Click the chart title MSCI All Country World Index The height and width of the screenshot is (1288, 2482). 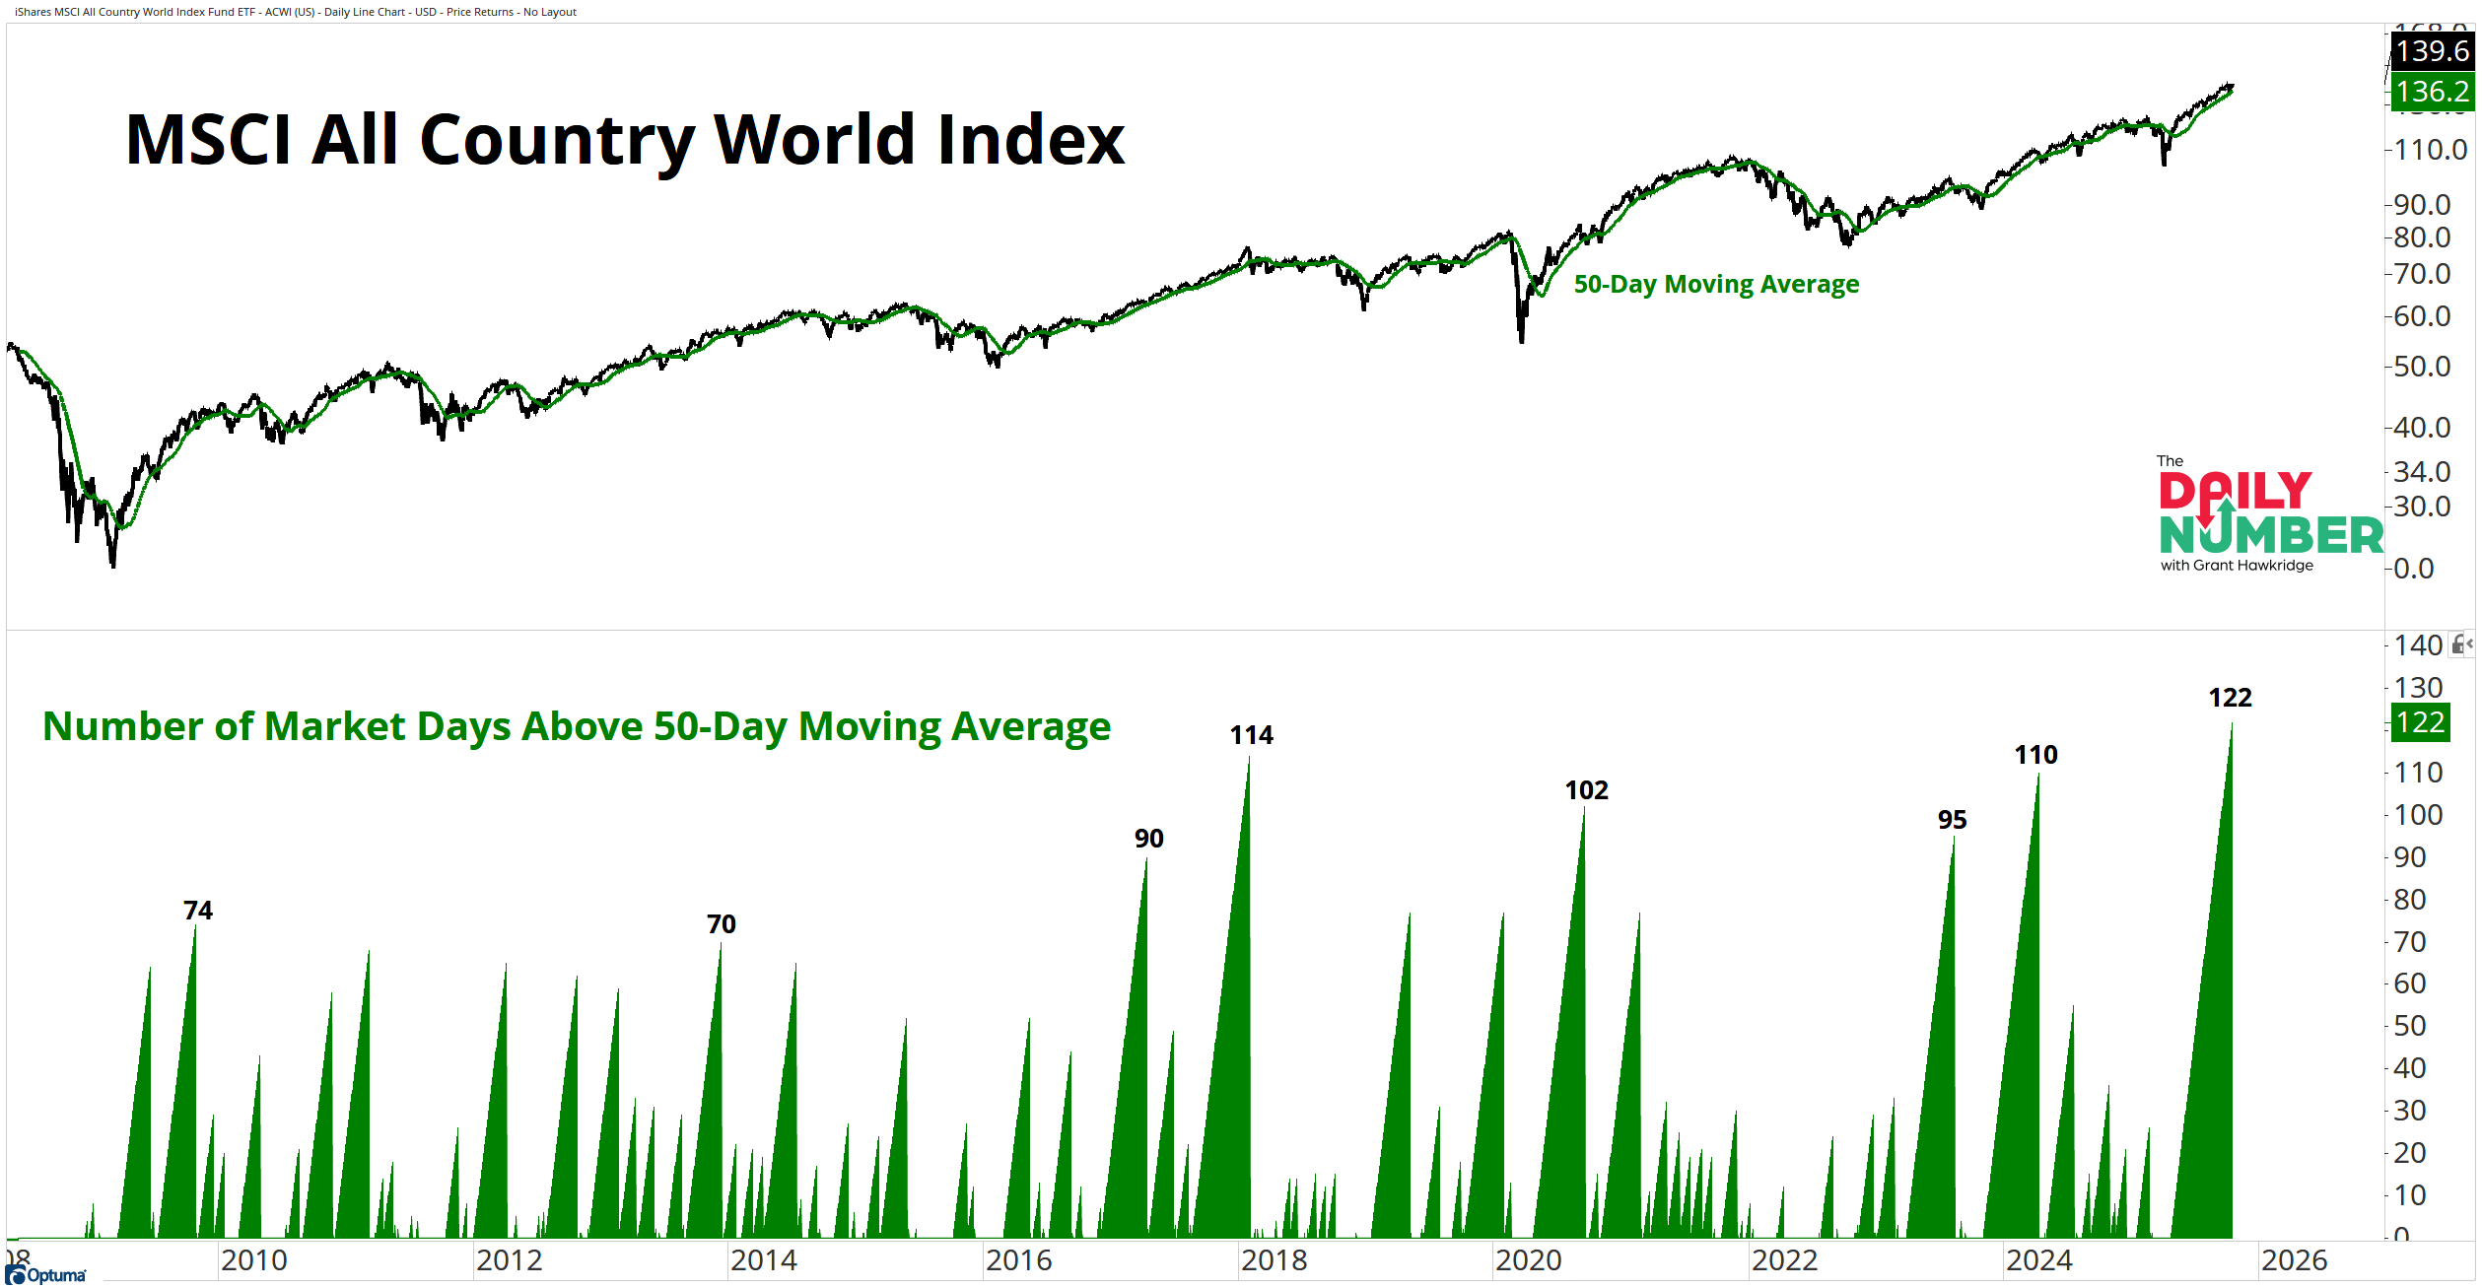625,139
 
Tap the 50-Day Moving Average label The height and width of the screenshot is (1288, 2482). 1716,284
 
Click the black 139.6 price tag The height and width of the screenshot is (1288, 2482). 2432,50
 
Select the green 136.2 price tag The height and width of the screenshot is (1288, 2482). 2432,92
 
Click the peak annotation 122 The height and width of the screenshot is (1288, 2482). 2230,698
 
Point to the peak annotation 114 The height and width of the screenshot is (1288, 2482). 1251,735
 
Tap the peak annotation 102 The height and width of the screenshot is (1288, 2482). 1586,790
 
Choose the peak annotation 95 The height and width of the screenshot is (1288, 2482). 1952,820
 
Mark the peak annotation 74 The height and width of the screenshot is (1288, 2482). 197,911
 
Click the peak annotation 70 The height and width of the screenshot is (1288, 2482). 721,924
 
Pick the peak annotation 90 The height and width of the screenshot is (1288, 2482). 1148,839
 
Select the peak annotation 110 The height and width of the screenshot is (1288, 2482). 2035,755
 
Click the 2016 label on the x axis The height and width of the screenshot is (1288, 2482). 1018,1260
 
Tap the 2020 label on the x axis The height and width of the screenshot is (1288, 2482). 1528,1260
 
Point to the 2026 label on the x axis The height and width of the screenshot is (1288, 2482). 2294,1260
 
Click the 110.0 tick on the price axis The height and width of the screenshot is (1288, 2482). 2430,150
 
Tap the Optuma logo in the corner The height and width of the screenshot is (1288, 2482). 46,1275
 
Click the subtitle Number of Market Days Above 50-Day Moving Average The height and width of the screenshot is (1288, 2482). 577,726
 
